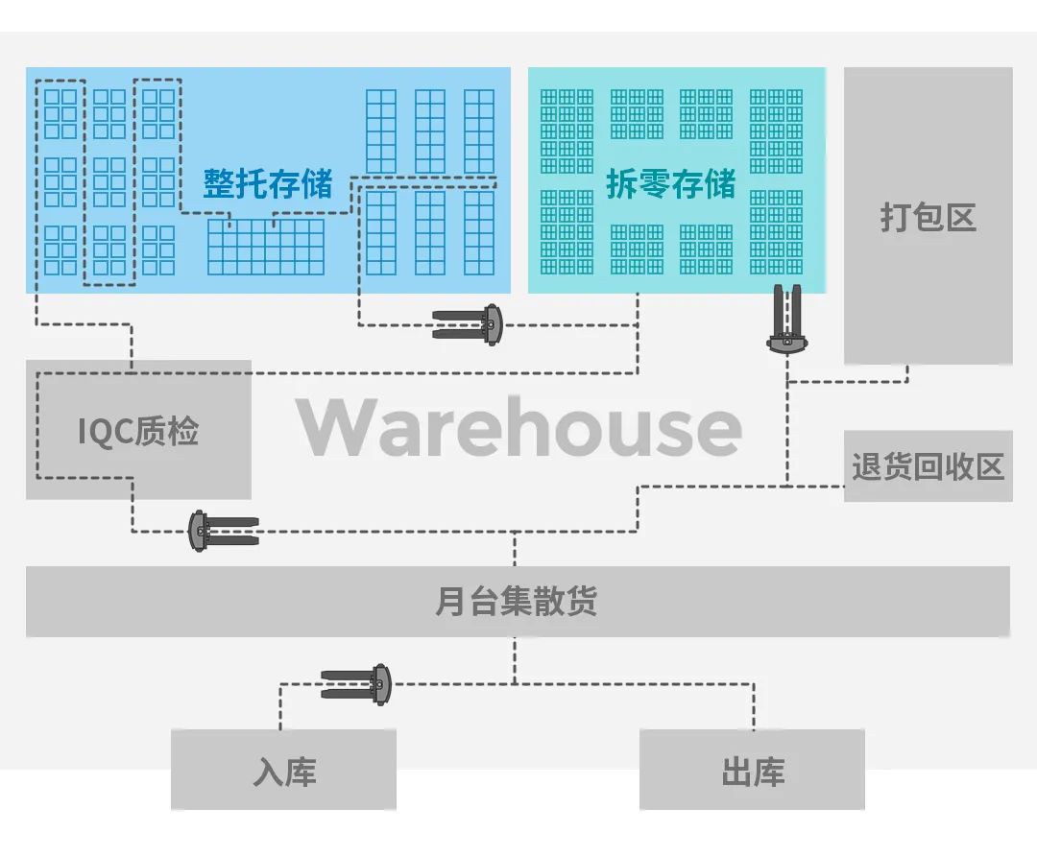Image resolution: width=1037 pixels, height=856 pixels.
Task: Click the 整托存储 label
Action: coord(267,183)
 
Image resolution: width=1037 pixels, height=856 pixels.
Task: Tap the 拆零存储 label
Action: coord(670,183)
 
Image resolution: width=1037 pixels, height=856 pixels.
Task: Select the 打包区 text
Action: coord(928,217)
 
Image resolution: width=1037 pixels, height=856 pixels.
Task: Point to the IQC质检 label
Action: coord(138,431)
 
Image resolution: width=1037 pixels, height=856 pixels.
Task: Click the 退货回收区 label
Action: coord(928,466)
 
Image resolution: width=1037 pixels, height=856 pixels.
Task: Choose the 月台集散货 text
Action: coord(517,602)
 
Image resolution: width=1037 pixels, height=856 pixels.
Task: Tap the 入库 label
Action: coord(284,772)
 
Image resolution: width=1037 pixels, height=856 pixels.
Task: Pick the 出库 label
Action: coord(753,772)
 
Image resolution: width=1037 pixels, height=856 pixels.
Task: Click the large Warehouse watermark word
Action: coord(518,427)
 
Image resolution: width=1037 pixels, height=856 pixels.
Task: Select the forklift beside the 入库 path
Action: coord(356,683)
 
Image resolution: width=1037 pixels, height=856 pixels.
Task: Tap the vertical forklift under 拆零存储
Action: coord(786,319)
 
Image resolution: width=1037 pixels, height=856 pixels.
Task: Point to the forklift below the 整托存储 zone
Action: coord(468,324)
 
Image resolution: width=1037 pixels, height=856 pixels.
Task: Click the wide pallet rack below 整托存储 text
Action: coord(266,248)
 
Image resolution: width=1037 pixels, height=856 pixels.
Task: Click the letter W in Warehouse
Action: coord(335,428)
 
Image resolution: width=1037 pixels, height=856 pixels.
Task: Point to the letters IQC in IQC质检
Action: coord(105,432)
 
